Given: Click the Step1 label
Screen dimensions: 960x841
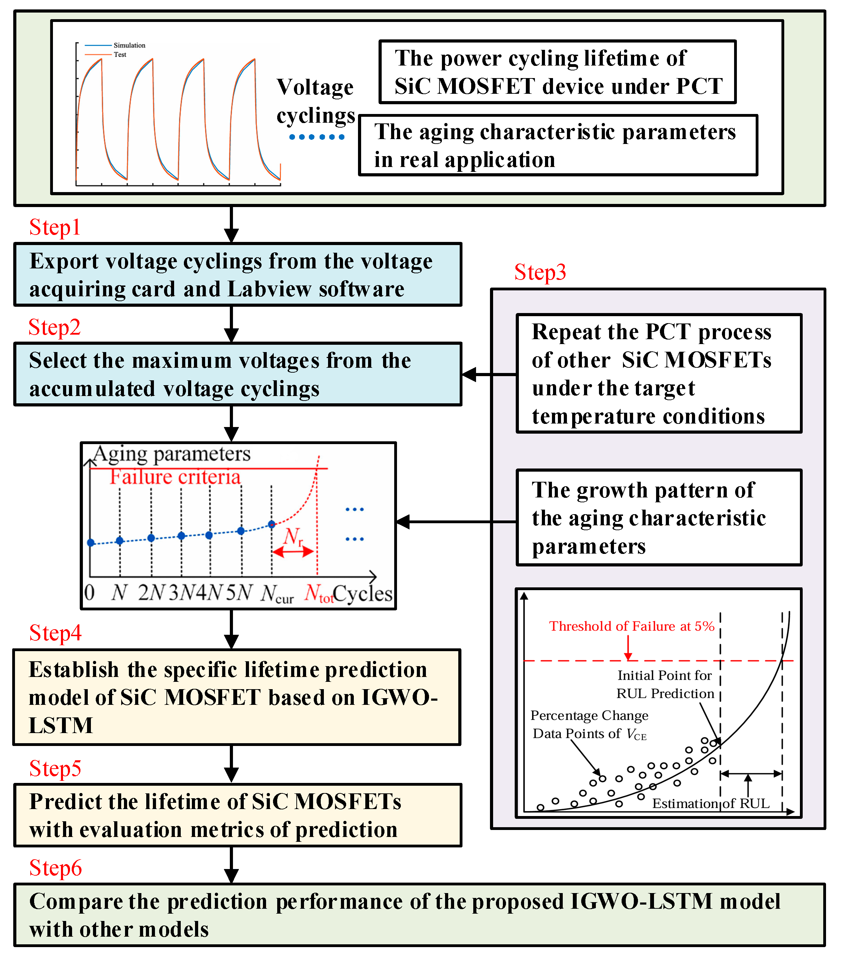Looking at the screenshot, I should point(55,227).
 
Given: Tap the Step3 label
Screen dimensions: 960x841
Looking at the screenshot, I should point(540,272).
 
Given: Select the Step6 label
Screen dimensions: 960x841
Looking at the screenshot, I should point(55,868).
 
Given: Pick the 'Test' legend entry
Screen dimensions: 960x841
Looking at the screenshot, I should point(120,54).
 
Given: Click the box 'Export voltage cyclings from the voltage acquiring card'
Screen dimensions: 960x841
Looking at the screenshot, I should point(238,275).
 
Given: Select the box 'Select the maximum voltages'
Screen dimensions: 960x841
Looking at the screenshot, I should point(238,374).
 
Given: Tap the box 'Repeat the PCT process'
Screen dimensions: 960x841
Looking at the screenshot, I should point(659,373).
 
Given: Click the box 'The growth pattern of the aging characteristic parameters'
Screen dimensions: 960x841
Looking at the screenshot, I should point(659,518).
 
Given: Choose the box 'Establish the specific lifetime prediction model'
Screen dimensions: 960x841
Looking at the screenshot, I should point(237,697).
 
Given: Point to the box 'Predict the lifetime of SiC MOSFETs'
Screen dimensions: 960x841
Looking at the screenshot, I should point(238,815).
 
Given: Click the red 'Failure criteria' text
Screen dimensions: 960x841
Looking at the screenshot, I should point(175,477).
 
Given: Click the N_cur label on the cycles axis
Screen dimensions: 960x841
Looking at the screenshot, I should point(277,594).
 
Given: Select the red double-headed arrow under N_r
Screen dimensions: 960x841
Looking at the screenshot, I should point(293,552).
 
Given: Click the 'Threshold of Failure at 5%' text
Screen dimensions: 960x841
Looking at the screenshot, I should point(632,626).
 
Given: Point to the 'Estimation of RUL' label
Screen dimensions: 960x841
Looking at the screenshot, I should point(710,803).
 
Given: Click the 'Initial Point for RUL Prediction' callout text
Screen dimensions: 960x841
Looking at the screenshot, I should point(665,684).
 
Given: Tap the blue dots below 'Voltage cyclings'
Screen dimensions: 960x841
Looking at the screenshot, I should point(317,137).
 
